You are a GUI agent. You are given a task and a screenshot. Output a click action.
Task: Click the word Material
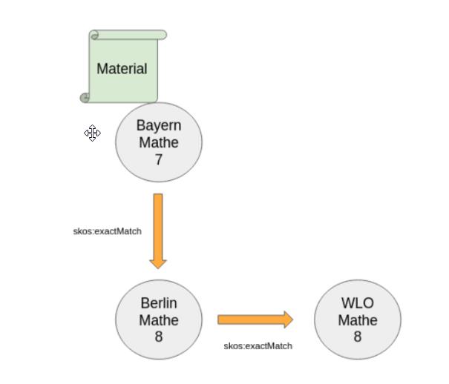coord(122,69)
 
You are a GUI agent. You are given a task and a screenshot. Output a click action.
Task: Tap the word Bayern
coord(158,125)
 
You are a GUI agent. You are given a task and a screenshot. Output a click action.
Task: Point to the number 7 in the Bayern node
coord(159,159)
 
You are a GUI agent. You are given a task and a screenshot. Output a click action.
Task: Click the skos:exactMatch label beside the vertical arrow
coord(107,231)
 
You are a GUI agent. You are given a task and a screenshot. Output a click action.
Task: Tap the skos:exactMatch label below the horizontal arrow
coord(258,345)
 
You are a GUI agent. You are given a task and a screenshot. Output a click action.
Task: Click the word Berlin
coord(159,303)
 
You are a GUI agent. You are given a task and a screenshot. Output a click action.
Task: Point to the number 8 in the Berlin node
coord(159,337)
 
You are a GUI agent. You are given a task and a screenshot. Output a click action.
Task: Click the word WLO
coord(358,303)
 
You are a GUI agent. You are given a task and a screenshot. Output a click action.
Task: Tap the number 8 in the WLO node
coord(358,337)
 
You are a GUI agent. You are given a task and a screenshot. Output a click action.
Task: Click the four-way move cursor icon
coord(92,133)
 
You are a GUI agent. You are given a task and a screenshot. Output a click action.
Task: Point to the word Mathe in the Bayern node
coord(159,142)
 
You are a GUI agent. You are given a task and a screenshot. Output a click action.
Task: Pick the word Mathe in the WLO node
coord(358,320)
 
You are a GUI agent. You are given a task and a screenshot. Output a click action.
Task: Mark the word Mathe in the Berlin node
coord(159,320)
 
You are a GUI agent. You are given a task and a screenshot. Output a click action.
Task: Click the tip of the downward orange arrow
coord(158,265)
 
